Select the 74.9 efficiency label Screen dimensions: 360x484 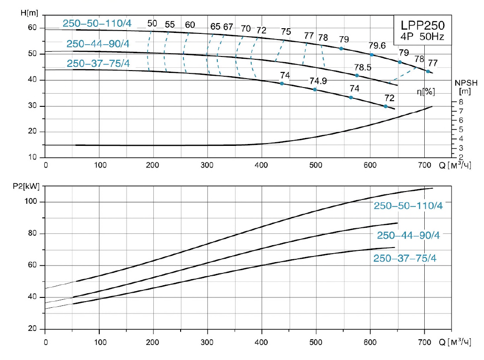[x=318, y=80]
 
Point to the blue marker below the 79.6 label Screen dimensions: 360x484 [x=372, y=55]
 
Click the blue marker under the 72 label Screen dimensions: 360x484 [x=386, y=106]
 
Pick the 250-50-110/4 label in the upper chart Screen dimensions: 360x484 [x=96, y=24]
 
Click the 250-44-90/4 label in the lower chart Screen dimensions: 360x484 [x=408, y=235]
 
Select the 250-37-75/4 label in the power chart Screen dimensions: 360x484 [x=406, y=258]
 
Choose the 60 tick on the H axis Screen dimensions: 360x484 [x=32, y=28]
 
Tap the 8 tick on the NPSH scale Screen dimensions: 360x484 [x=461, y=102]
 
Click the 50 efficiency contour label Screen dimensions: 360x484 [x=152, y=24]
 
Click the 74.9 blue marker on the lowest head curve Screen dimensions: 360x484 [x=315, y=89]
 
